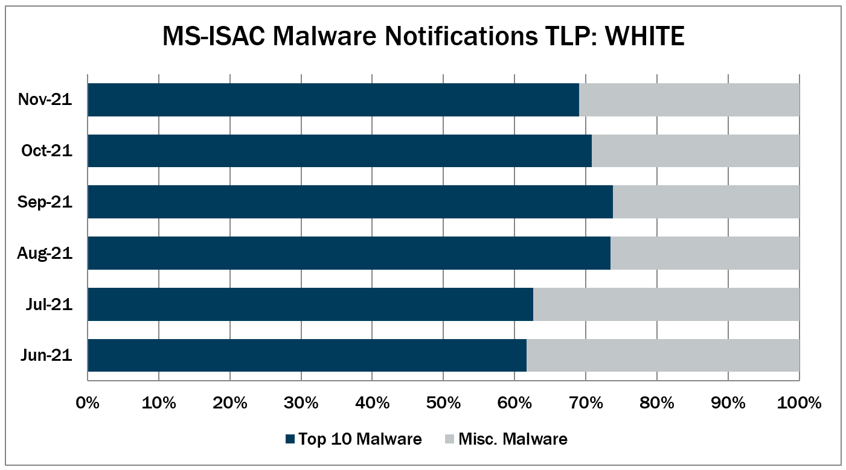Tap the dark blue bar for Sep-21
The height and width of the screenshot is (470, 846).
[350, 202]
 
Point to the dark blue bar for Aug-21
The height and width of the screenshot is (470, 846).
[349, 253]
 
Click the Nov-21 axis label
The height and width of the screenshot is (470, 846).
[45, 100]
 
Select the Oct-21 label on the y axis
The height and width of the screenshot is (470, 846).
[46, 151]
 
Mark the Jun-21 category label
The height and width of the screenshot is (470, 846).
[46, 355]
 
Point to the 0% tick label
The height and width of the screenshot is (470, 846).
[88, 402]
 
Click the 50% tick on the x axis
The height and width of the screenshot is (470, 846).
[443, 402]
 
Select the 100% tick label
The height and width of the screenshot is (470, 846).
[798, 402]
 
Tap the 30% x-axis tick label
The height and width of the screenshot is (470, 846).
[301, 402]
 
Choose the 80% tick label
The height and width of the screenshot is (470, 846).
[656, 402]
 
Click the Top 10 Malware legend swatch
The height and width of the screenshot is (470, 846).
[290, 439]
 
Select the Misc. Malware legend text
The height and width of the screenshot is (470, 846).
[513, 439]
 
